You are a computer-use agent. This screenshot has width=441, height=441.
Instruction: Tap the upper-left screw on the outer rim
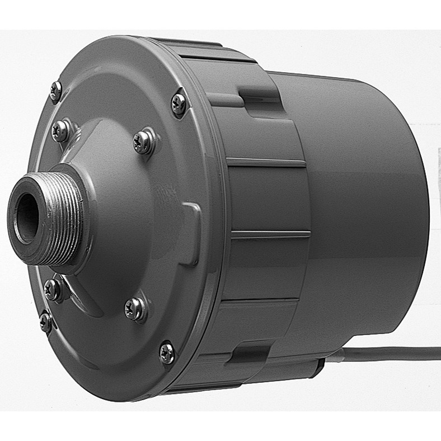tap(55, 90)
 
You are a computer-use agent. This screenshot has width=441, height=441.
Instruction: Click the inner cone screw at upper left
tap(60, 130)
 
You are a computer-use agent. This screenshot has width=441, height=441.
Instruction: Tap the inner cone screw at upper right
tap(143, 142)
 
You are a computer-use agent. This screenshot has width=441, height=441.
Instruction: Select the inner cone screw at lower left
tap(53, 289)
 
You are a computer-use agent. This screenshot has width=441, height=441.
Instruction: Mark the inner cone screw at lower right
tap(135, 308)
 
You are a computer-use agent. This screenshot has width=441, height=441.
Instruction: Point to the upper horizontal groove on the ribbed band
tap(266, 163)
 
